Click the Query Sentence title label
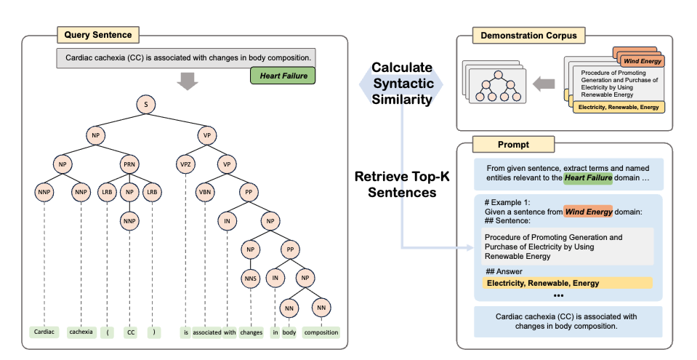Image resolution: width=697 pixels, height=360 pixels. (97, 33)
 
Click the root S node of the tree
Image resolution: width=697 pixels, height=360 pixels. (146, 105)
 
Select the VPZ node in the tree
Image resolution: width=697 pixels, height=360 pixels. (187, 164)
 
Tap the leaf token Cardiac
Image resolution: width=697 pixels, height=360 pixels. (44, 332)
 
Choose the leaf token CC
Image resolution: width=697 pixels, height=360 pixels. (129, 332)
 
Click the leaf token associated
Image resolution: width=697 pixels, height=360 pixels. (207, 332)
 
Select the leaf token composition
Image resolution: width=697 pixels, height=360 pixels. (321, 332)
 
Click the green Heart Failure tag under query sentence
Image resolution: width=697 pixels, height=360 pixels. (283, 75)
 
